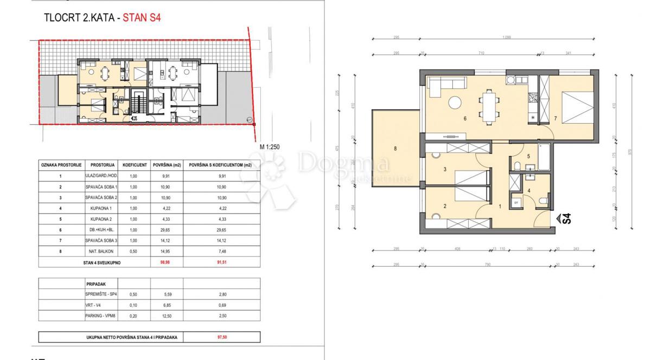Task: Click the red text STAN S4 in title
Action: (142, 17)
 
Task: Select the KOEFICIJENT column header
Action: (133, 164)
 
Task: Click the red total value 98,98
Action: (159, 262)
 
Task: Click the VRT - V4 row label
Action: (95, 305)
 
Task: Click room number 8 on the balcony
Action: (395, 147)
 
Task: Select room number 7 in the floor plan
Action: (555, 118)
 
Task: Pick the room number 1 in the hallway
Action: (500, 206)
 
